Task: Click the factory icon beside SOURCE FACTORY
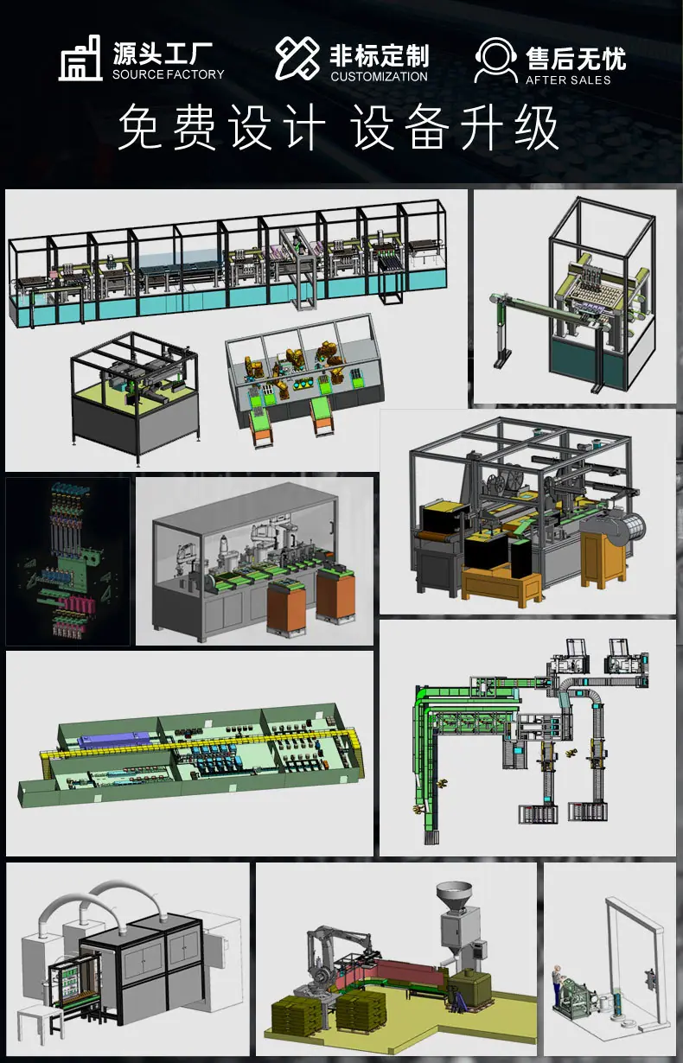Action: pyautogui.click(x=80, y=59)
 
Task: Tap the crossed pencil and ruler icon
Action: pyautogui.click(x=297, y=58)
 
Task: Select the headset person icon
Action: pyautogui.click(x=495, y=60)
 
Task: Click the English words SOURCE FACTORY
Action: pyautogui.click(x=168, y=74)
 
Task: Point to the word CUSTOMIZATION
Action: pyautogui.click(x=379, y=76)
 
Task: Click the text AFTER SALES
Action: pyautogui.click(x=568, y=80)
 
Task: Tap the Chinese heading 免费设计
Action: pyautogui.click(x=222, y=127)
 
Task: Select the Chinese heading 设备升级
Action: pyautogui.click(x=455, y=127)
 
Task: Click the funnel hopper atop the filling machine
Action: pyautogui.click(x=454, y=895)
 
